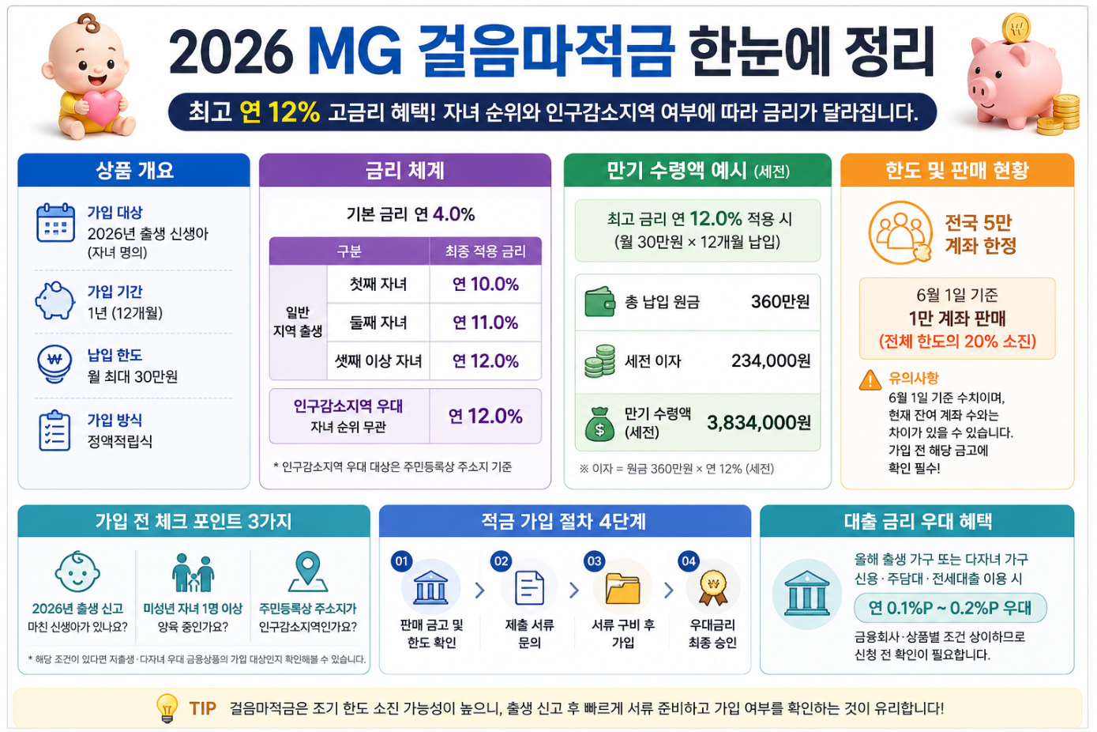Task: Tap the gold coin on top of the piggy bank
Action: tap(1016, 28)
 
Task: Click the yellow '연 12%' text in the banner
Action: tap(280, 111)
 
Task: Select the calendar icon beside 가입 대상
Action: tap(56, 223)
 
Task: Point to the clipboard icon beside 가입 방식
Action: tap(54, 431)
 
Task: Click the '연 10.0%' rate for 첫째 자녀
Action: tap(486, 284)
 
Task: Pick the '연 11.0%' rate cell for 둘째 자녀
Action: tap(486, 322)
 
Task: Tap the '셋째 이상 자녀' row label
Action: tap(378, 360)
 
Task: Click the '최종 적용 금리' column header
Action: tap(486, 251)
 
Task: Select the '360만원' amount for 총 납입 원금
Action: tap(780, 301)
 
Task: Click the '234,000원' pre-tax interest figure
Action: tap(771, 360)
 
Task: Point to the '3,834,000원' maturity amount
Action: tap(759, 422)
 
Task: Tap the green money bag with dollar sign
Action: tap(599, 424)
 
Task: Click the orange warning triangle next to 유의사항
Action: tap(870, 380)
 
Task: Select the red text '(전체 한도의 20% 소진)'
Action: tap(957, 341)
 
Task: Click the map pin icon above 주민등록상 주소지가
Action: tap(307, 572)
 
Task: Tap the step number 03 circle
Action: tap(595, 561)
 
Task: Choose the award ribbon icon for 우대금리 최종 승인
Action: tap(712, 588)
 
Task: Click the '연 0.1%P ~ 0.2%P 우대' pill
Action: tap(950, 608)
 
